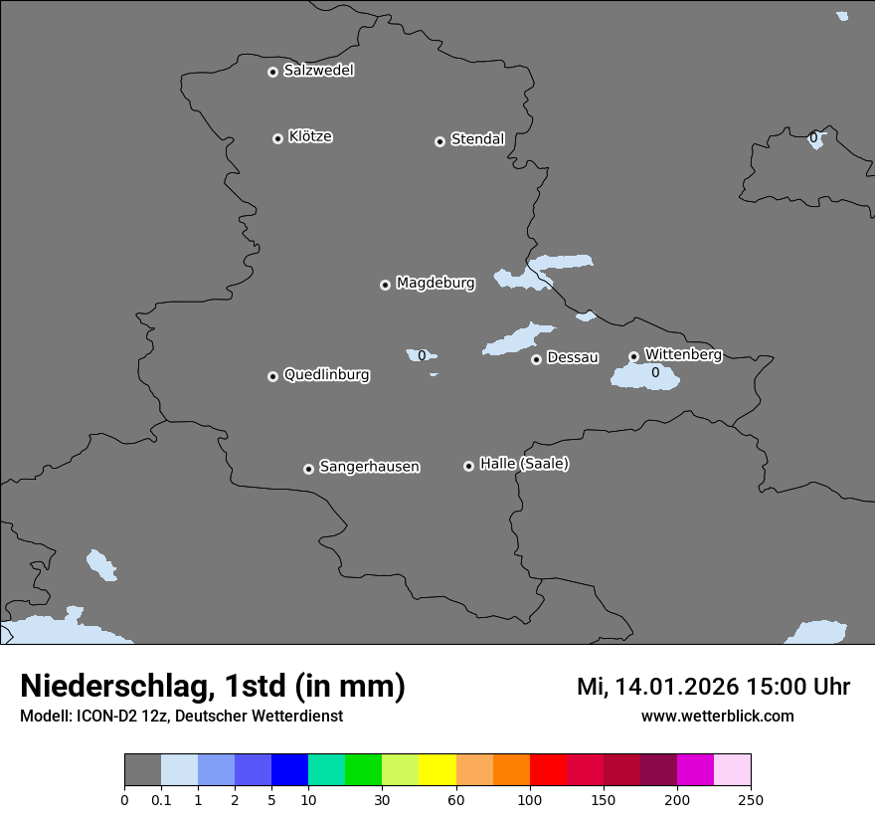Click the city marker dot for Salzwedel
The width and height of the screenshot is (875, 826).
[272, 72]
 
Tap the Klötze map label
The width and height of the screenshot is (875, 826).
[310, 136]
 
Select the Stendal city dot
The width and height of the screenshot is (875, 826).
[439, 141]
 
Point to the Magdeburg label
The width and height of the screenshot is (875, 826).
[436, 283]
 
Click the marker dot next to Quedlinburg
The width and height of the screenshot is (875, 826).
[272, 376]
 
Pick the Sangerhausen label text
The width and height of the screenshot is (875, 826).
[369, 466]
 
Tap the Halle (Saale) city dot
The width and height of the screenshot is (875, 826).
[468, 466]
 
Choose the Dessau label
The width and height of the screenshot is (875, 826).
[573, 357]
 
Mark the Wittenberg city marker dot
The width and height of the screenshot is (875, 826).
[633, 356]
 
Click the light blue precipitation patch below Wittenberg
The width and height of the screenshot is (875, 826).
[645, 377]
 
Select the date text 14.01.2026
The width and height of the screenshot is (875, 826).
[675, 687]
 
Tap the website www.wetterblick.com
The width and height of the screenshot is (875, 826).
[717, 716]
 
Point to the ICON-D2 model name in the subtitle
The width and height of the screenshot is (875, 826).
[108, 716]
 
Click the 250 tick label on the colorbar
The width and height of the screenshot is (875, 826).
[751, 799]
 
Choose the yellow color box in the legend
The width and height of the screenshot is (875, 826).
[437, 770]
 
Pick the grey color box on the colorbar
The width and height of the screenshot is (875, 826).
[142, 770]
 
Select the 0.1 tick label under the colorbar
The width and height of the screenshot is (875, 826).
[161, 799]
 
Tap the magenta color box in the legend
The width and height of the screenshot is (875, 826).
[695, 770]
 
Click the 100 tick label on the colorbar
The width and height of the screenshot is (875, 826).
[530, 799]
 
